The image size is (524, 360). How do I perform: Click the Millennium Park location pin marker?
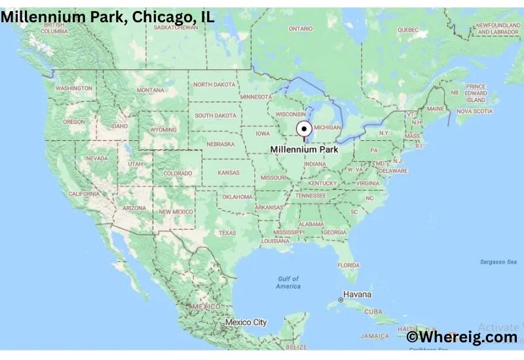pyautogui.click(x=303, y=129)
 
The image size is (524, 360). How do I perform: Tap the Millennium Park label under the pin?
pyautogui.click(x=304, y=149)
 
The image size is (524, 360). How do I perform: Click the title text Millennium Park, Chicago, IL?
pyautogui.click(x=107, y=17)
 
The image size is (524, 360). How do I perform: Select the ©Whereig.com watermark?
pyautogui.click(x=462, y=337)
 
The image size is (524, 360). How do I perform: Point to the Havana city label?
pyautogui.click(x=358, y=295)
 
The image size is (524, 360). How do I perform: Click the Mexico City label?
pyautogui.click(x=246, y=322)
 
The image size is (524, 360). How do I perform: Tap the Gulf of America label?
pyautogui.click(x=288, y=283)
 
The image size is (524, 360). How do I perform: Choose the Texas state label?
pyautogui.click(x=227, y=233)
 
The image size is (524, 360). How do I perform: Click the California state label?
pyautogui.click(x=84, y=194)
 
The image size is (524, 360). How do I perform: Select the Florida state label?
pyautogui.click(x=348, y=265)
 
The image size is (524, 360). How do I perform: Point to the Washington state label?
pyautogui.click(x=74, y=88)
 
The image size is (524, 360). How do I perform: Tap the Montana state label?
pyautogui.click(x=151, y=90)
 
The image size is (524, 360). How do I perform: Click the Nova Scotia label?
pyautogui.click(x=474, y=111)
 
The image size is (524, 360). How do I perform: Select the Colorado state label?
pyautogui.click(x=177, y=173)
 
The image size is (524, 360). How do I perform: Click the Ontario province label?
pyautogui.click(x=301, y=29)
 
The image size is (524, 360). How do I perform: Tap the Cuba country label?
pyautogui.click(x=373, y=312)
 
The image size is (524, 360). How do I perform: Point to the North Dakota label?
pyautogui.click(x=214, y=84)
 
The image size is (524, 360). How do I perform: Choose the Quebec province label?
pyautogui.click(x=407, y=29)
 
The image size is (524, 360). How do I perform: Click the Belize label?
pyautogui.click(x=297, y=346)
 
